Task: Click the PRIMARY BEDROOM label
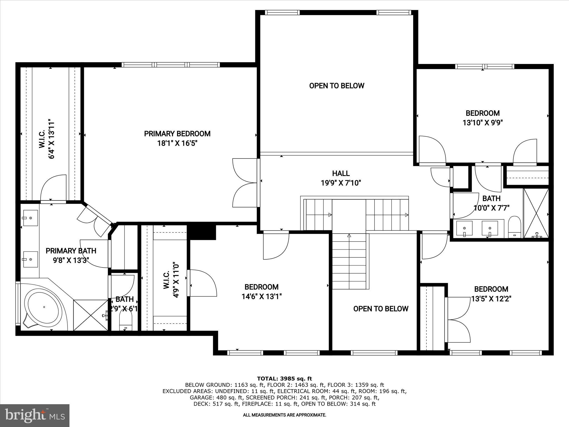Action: pyautogui.click(x=177, y=134)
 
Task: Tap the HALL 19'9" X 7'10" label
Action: pyautogui.click(x=341, y=178)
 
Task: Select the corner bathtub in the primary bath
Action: pyautogui.click(x=43, y=307)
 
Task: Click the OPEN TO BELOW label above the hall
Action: pyautogui.click(x=336, y=86)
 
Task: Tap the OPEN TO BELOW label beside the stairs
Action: pyautogui.click(x=381, y=309)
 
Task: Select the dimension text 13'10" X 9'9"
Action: pyautogui.click(x=483, y=123)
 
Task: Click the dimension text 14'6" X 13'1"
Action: pyautogui.click(x=261, y=297)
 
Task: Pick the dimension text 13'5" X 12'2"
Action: pyautogui.click(x=491, y=299)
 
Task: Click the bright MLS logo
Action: pyautogui.click(x=35, y=415)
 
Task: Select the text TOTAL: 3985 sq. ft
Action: pyautogui.click(x=284, y=378)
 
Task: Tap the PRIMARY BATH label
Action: pyautogui.click(x=71, y=251)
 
